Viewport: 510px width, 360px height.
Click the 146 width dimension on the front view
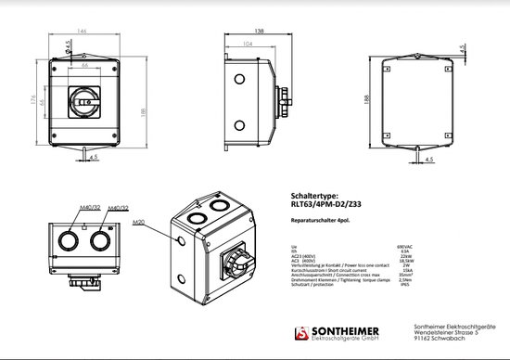[x=83, y=32]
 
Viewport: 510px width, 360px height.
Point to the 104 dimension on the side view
[x=247, y=43]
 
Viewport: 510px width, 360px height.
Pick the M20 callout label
[x=140, y=223]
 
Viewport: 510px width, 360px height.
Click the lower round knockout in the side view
[x=239, y=125]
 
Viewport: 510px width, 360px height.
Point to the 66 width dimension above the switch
[x=83, y=66]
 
